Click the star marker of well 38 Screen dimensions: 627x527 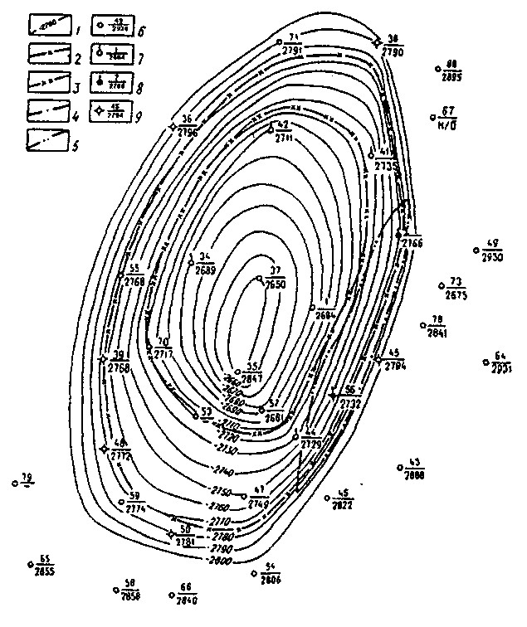(378, 41)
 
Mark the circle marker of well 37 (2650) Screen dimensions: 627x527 (259, 278)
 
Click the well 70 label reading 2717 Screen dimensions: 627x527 (163, 348)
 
